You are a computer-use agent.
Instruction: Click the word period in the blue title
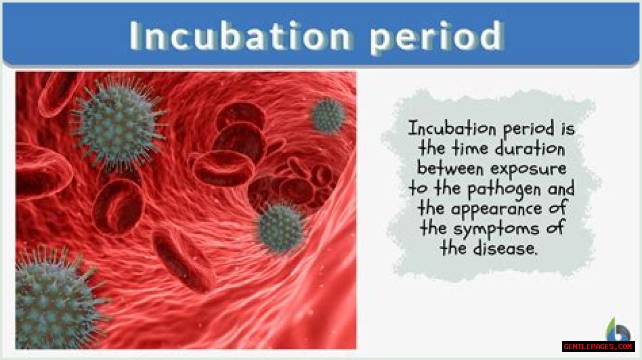click(437, 37)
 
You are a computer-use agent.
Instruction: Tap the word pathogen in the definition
click(504, 190)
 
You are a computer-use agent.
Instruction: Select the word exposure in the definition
click(529, 169)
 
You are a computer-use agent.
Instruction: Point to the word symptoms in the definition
click(496, 230)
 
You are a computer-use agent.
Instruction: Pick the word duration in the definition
click(530, 148)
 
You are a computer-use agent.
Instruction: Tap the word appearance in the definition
click(497, 210)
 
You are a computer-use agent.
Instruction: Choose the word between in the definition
click(450, 168)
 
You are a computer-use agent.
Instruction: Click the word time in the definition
click(470, 148)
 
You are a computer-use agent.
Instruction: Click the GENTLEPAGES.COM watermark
click(598, 346)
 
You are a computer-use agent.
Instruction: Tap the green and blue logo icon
click(618, 330)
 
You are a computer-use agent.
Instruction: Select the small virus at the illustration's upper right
click(329, 115)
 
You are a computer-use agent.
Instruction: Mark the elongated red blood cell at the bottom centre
click(184, 261)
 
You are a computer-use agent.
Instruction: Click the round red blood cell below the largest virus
click(118, 208)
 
